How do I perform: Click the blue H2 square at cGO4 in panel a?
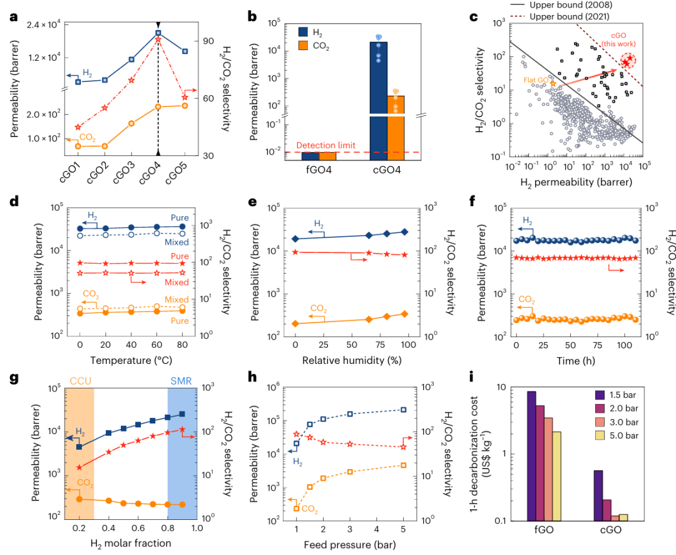pos(158,33)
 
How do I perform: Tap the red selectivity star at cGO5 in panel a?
pos(185,97)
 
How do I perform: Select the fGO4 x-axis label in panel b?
pos(323,170)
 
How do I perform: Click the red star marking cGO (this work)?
pos(626,61)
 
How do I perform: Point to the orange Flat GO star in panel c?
pos(553,83)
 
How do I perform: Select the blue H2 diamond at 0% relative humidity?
pos(295,239)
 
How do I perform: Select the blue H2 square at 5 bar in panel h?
pos(404,410)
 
